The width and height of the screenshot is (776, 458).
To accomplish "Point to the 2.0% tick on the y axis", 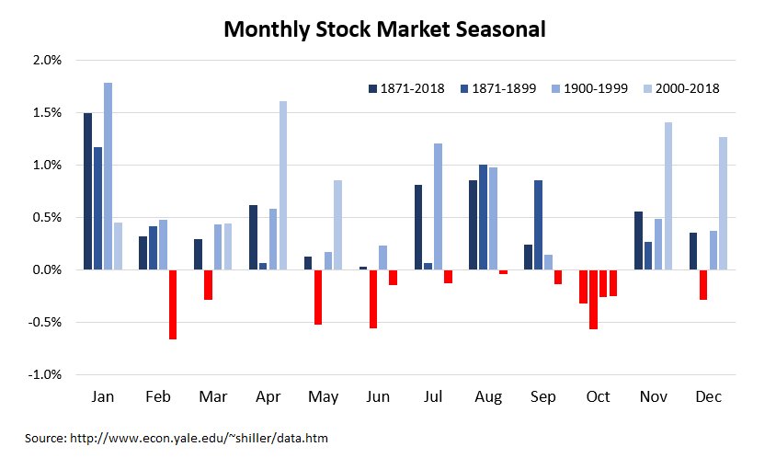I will coord(45,61).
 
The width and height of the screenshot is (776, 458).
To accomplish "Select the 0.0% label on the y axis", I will coord(45,270).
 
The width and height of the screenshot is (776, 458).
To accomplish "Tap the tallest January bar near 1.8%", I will coord(108,176).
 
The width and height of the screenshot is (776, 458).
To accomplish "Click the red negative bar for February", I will coord(173,304).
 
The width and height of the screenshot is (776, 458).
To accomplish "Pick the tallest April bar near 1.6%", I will coord(283,185).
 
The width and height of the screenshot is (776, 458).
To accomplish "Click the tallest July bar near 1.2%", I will coord(438,207).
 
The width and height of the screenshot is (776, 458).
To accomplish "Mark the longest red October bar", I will coord(593,299).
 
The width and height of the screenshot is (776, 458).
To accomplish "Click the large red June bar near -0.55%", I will coord(373,299).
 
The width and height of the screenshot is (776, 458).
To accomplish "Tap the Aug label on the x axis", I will coord(488,396).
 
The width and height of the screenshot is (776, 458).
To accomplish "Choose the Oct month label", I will coord(598,396).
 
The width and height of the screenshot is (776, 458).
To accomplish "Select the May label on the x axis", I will coord(323,396).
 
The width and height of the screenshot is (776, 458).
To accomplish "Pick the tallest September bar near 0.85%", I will coord(538,225).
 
